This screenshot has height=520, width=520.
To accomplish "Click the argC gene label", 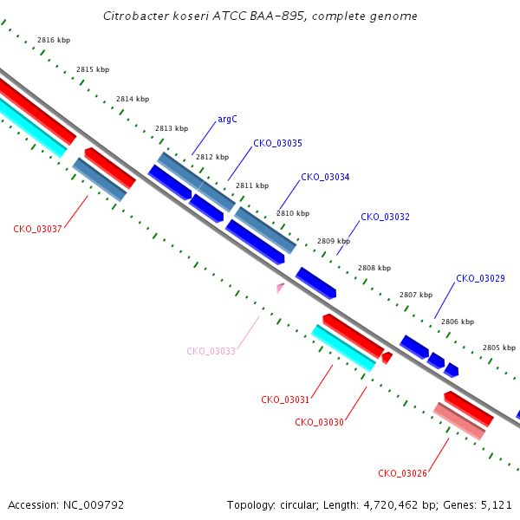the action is point(227,119).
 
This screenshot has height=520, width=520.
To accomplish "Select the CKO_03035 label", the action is point(277,143).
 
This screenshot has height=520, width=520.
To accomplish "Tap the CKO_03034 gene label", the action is point(325,177).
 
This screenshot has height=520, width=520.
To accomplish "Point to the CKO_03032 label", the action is point(385,217).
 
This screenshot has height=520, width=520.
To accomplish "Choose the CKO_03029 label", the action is point(480,278).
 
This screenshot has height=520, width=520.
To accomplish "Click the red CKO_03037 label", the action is point(37,229).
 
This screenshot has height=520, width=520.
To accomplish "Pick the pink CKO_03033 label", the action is point(211,351).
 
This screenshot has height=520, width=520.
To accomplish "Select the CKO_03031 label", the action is point(285,400).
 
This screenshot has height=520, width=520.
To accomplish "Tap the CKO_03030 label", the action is point(319,422).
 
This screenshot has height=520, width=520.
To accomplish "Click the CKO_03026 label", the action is point(402,473).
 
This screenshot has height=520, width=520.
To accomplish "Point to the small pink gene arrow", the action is point(280,288).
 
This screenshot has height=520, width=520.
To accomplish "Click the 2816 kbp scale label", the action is point(54,40).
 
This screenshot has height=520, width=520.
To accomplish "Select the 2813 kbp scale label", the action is point(172,128).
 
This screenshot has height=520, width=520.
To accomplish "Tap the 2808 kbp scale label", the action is point(374,268).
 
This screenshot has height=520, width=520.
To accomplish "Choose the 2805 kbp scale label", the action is point(499,348).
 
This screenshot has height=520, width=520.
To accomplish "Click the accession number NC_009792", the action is point(94,505).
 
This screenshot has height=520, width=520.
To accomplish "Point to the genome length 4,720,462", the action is point(391,505).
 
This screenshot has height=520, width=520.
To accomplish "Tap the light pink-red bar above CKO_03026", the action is point(459,421).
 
